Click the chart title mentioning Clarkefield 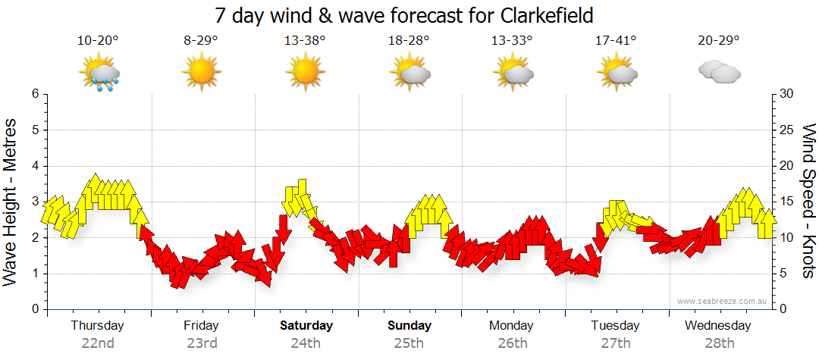(404, 15)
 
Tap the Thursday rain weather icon (99, 74)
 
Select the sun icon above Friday (201, 73)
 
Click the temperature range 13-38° (305, 41)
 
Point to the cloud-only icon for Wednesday (719, 73)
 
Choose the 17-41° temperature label (617, 41)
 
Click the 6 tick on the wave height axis (34, 94)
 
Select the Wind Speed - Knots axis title (808, 202)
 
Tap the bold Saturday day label (306, 326)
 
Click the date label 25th (409, 343)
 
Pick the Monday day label (513, 326)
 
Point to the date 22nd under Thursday (98, 343)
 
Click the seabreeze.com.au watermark (723, 301)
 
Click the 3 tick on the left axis (34, 202)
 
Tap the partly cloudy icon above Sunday (409, 73)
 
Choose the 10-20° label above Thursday (98, 41)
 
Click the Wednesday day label (717, 326)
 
